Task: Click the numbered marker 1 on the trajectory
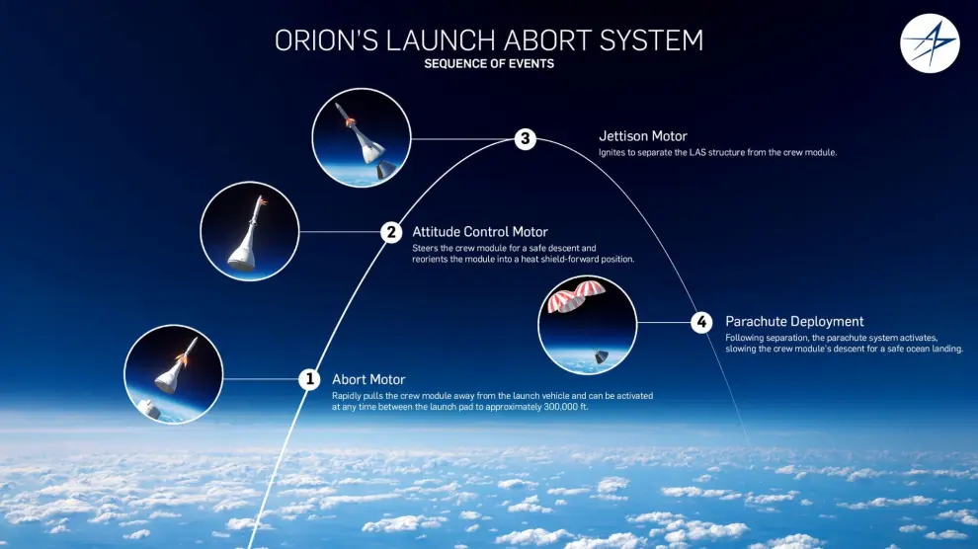tap(309, 379)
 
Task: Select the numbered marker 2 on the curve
tap(391, 232)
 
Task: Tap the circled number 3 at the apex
tap(526, 138)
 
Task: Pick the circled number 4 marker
tap(701, 322)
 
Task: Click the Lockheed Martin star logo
tap(930, 43)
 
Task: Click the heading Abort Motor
tap(368, 379)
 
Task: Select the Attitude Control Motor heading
tap(480, 232)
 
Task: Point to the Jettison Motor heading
tap(643, 136)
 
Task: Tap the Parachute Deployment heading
tap(794, 322)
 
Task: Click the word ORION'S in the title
tap(326, 40)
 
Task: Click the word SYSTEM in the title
tap(651, 40)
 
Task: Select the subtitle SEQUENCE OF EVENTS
tap(489, 63)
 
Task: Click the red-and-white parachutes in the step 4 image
tap(575, 295)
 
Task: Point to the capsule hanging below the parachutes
tap(601, 355)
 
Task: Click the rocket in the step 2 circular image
tap(247, 236)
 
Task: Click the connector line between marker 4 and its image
tap(664, 322)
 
